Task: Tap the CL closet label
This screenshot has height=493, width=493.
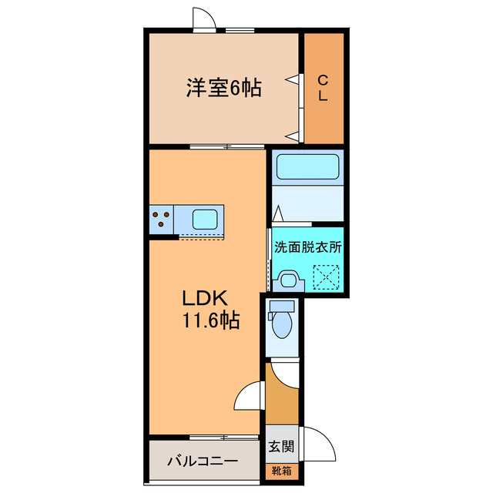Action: coord(324,87)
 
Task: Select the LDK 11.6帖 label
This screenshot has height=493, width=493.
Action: coord(209,309)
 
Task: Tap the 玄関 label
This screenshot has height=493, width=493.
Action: coord(280,445)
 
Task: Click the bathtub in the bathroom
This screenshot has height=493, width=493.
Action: coord(307,167)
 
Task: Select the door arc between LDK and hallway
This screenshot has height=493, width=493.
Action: coord(249,396)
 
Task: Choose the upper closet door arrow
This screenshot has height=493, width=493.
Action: coord(293,78)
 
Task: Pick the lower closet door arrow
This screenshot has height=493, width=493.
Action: coord(293,136)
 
